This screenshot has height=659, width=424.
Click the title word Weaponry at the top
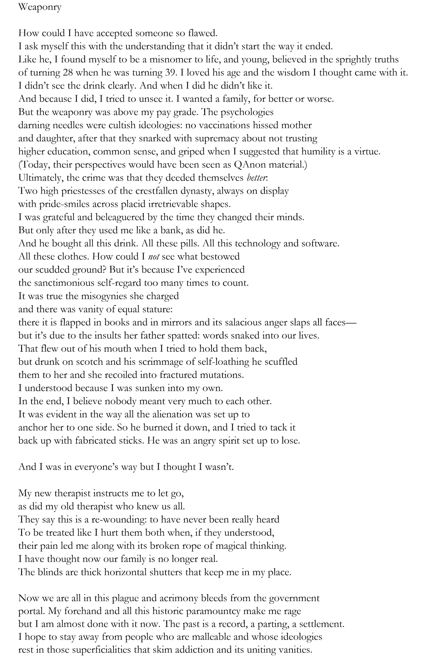tap(40, 7)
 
